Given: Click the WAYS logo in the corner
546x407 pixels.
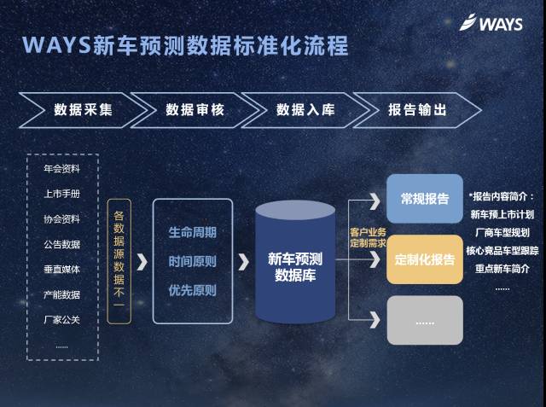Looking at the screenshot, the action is click(491, 23).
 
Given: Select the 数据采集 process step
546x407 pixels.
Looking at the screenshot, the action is click(83, 110).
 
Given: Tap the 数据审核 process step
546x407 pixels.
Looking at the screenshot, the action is click(195, 110).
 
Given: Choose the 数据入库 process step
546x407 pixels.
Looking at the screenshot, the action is click(306, 110).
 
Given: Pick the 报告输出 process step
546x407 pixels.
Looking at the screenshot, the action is click(417, 110).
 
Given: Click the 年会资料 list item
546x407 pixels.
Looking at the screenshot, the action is click(61, 169).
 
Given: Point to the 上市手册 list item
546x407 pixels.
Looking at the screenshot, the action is click(61, 194).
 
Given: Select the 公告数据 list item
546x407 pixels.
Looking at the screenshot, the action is click(61, 244).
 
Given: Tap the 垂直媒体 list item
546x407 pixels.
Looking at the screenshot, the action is click(61, 269).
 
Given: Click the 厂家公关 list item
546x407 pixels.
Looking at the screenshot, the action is click(61, 319).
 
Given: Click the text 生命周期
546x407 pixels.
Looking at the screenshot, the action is click(192, 232).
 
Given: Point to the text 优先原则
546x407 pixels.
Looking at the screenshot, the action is click(192, 290).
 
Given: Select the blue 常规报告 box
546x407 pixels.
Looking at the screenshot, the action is click(425, 199).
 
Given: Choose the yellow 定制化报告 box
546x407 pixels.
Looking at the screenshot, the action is click(425, 259).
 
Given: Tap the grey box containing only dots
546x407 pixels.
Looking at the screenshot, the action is click(425, 320).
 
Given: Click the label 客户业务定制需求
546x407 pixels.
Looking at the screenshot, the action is click(368, 237).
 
